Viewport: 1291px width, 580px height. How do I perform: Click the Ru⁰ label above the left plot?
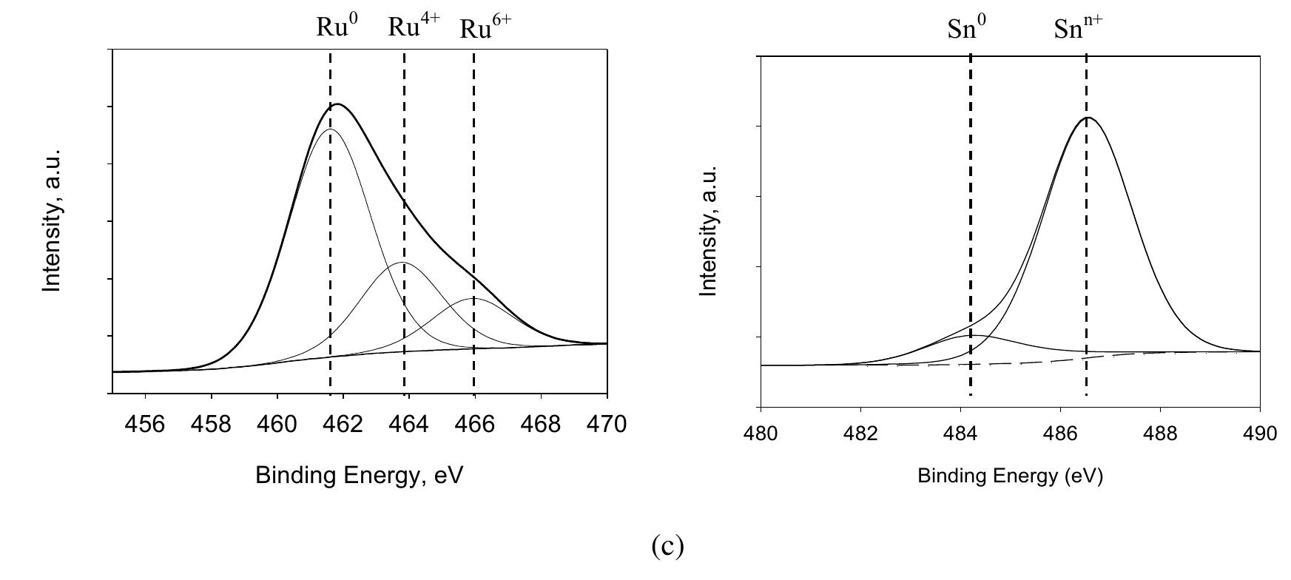tap(337, 27)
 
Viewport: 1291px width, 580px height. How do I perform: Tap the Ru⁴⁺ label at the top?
tap(414, 27)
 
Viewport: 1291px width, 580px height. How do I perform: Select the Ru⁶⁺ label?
tap(485, 29)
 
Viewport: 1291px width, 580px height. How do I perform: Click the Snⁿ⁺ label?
tap(1078, 30)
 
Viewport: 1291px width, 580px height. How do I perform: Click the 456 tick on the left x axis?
tap(145, 425)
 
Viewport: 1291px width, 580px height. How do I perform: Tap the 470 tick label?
tap(607, 425)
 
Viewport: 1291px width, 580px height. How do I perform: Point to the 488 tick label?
tap(1160, 434)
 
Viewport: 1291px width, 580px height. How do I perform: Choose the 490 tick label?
tap(1260, 434)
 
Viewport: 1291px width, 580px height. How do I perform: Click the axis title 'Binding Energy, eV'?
tap(359, 475)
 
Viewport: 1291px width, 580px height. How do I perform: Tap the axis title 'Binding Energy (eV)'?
tap(1010, 476)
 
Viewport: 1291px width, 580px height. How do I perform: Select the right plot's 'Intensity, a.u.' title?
tap(709, 231)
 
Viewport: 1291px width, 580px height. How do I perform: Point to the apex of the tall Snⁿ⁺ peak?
tap(1087, 117)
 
